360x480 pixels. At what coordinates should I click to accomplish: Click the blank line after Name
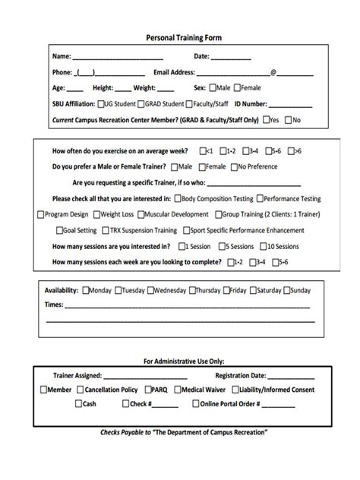click(x=118, y=57)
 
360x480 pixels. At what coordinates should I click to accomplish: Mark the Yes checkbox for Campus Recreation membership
click(x=265, y=120)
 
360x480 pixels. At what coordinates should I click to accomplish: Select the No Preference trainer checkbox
click(x=233, y=166)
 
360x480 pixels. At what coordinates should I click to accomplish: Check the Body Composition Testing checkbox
click(x=177, y=198)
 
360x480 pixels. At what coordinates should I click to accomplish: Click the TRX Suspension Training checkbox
click(x=103, y=230)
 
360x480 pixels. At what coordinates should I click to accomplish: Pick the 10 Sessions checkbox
click(x=261, y=246)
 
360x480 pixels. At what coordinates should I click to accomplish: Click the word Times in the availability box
click(x=53, y=305)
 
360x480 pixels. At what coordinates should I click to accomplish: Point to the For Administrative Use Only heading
click(x=184, y=361)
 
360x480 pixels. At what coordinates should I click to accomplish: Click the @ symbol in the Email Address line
click(x=273, y=73)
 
